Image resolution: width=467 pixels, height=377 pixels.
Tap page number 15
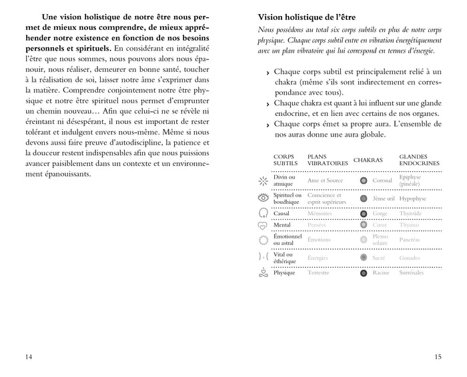pyautogui.click(x=438, y=357)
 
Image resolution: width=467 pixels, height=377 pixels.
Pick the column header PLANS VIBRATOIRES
pyautogui.click(x=328, y=160)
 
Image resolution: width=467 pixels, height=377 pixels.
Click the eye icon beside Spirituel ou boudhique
pyautogui.click(x=262, y=198)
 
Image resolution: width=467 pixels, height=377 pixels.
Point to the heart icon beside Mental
pyautogui.click(x=262, y=226)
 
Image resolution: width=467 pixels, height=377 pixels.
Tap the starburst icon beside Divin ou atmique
pyautogui.click(x=262, y=181)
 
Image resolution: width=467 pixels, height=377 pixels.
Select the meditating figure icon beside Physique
pyautogui.click(x=262, y=272)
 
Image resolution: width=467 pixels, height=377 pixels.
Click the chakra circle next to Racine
pyautogui.click(x=364, y=273)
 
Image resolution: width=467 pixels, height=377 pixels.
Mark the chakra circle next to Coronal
pyautogui.click(x=364, y=181)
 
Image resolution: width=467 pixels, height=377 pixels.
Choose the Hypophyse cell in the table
pyautogui.click(x=414, y=198)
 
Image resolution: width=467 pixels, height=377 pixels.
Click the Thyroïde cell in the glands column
pyautogui.click(x=410, y=213)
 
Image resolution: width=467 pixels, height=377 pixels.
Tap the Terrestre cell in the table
pyautogui.click(x=318, y=273)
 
